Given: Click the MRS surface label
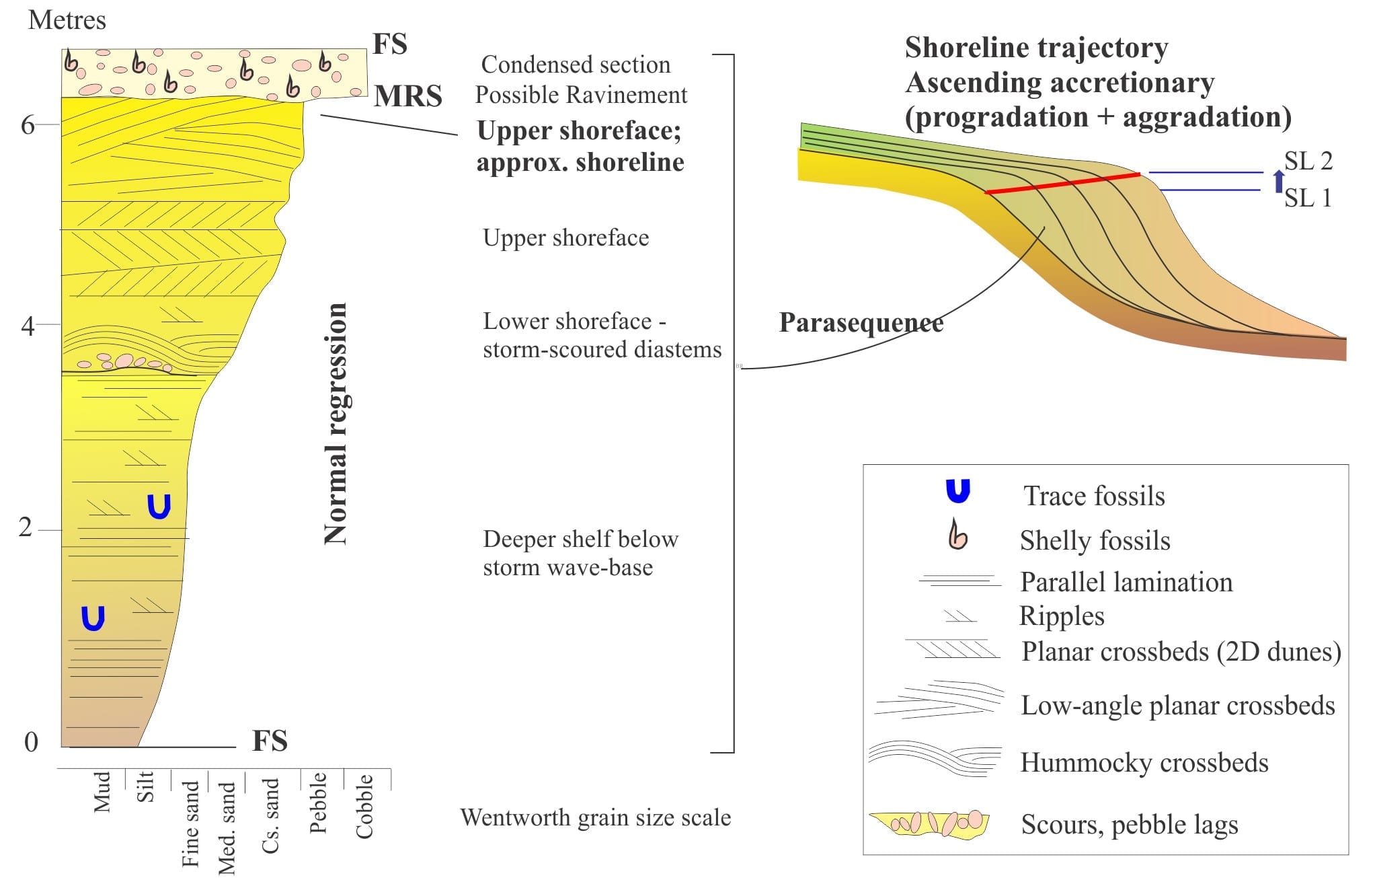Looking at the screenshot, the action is (x=408, y=96).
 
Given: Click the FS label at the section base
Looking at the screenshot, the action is (x=270, y=741).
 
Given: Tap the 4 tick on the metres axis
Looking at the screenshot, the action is (x=28, y=326).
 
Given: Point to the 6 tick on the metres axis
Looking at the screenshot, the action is (x=28, y=124).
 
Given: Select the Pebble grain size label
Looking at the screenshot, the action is (x=318, y=803).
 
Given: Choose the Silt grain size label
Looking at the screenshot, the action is (x=145, y=786).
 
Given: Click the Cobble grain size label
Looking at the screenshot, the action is (x=364, y=806).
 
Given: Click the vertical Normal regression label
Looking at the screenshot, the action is (x=336, y=423).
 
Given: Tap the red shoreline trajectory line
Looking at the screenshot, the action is (x=1062, y=183).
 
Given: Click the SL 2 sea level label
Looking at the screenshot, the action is (x=1308, y=161).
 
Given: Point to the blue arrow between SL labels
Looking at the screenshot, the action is (x=1279, y=181).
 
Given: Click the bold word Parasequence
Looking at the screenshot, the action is (x=861, y=323).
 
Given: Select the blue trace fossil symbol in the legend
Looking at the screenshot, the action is (x=958, y=492).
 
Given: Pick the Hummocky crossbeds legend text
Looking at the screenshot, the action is (x=1144, y=762).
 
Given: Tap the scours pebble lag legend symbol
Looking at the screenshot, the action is (x=929, y=822).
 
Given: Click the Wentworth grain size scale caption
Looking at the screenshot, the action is (x=596, y=817).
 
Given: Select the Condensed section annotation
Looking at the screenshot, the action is (x=576, y=65).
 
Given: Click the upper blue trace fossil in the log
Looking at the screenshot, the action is (x=159, y=507).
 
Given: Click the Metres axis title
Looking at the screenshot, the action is (x=67, y=20).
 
